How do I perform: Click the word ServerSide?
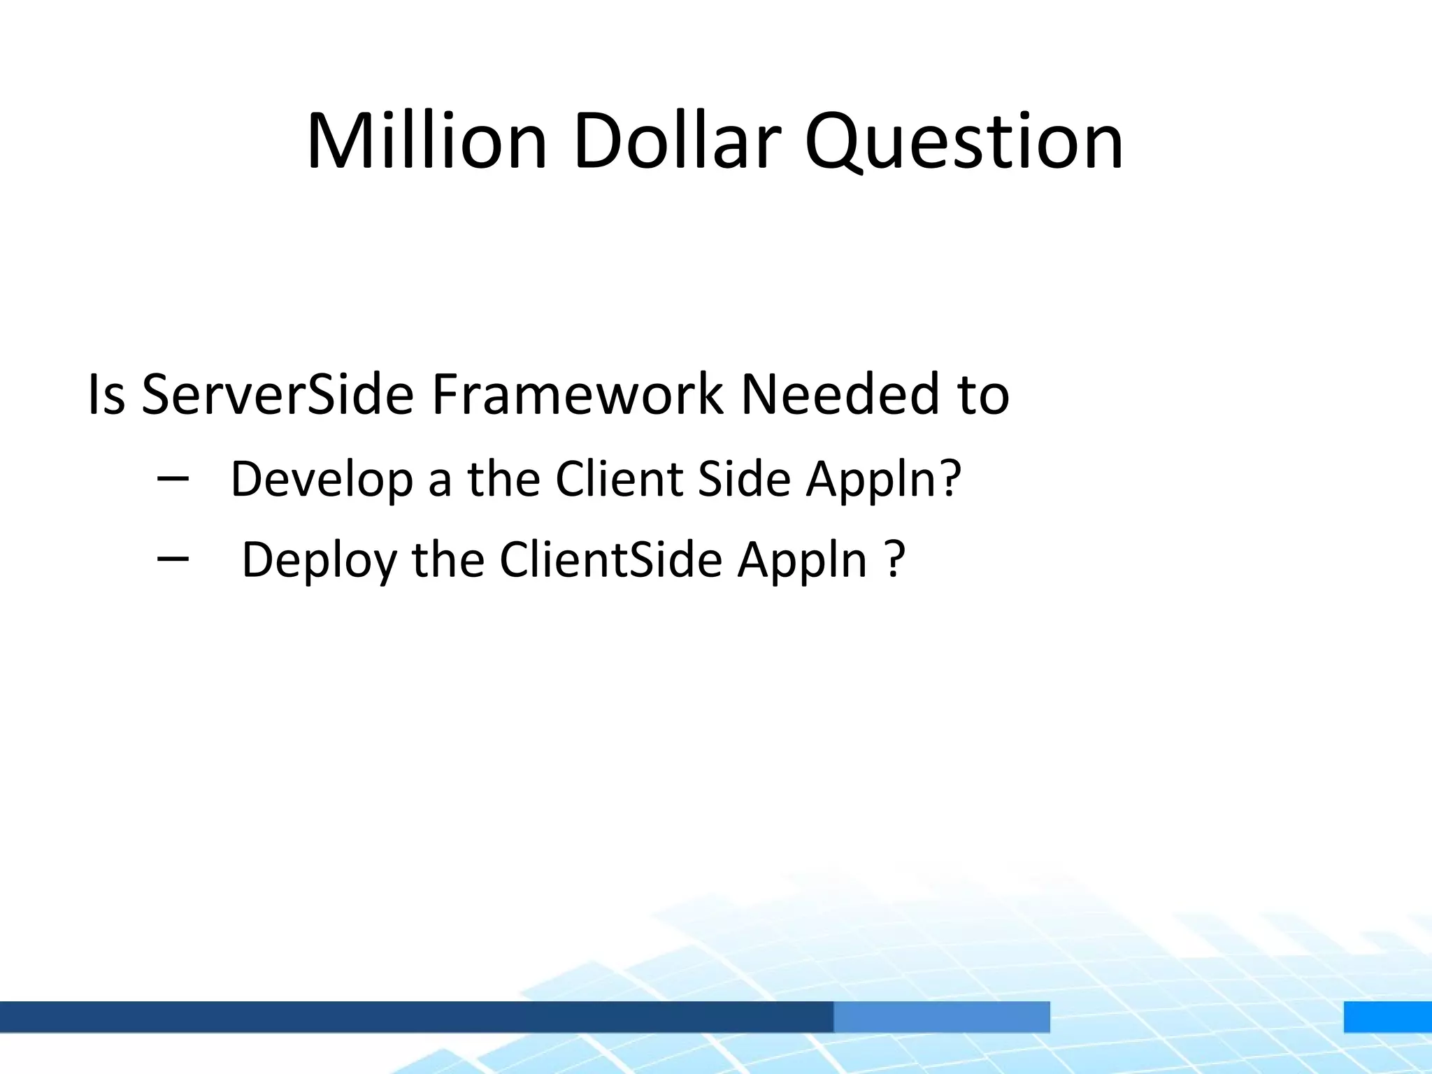[278, 395]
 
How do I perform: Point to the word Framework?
[578, 395]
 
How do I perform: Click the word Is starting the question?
[106, 395]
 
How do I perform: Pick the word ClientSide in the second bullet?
[610, 560]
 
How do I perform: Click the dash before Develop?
[173, 478]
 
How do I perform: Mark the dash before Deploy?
[173, 558]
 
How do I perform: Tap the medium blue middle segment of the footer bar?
[941, 1017]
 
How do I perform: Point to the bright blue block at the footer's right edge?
[1387, 1017]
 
